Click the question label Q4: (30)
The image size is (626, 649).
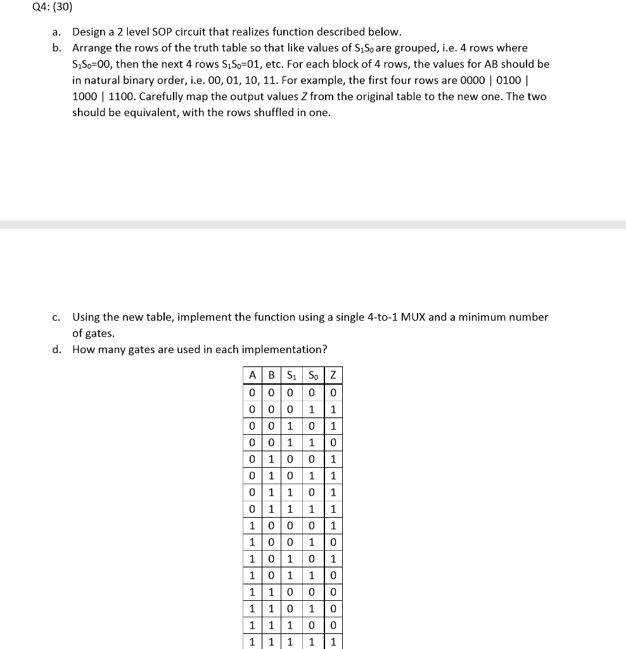[54, 8]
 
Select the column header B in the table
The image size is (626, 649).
[271, 375]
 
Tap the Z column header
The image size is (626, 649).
[333, 375]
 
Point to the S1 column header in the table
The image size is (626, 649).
[291, 375]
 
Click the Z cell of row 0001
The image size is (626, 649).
[333, 409]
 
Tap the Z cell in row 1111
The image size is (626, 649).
[333, 642]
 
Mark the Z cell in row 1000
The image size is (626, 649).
[333, 525]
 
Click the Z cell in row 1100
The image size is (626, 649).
[333, 592]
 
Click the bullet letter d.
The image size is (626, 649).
[57, 350]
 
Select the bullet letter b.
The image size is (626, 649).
[57, 48]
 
